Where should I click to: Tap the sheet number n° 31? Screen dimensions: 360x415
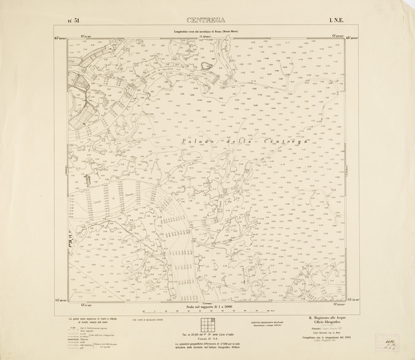[x=73, y=20]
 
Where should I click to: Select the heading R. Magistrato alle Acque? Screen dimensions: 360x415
[x=327, y=318]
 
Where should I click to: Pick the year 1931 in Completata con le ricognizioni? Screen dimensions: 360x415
[x=345, y=337]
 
